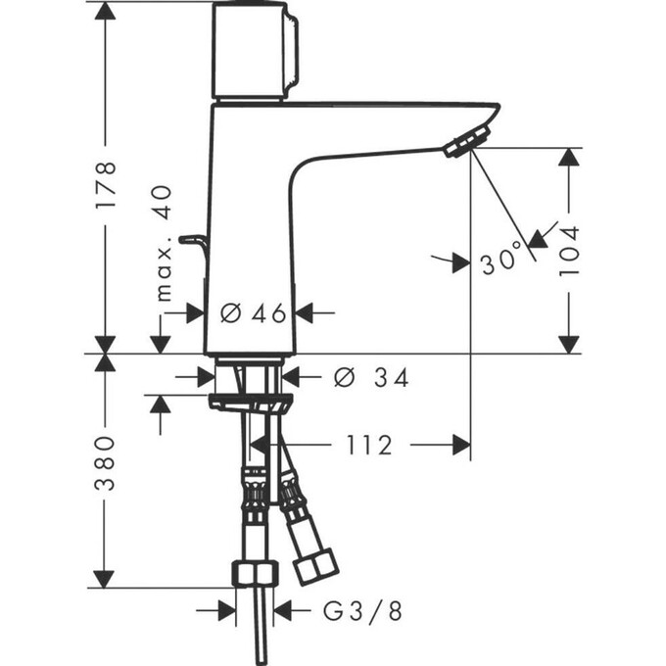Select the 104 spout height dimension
click(x=569, y=250)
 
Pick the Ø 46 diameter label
click(x=252, y=313)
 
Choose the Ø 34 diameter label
click(x=370, y=376)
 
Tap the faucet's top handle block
click(x=254, y=51)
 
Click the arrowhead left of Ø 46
click(x=195, y=312)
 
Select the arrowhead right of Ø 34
click(x=293, y=376)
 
